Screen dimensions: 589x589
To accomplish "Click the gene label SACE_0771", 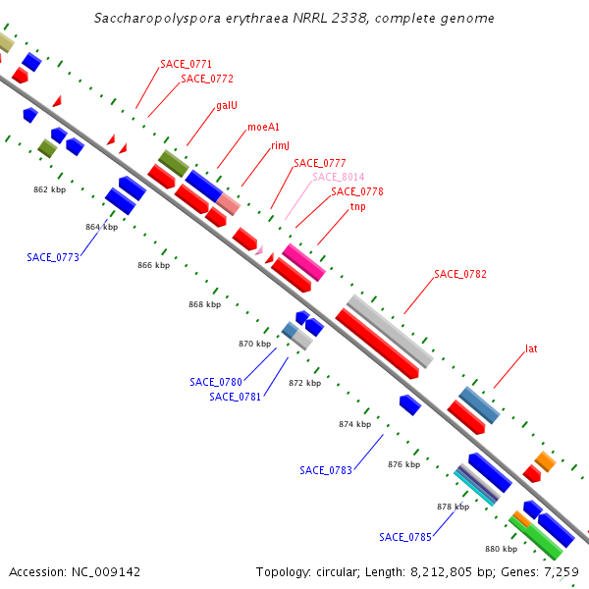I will pos(186,64).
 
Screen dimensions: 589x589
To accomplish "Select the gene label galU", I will pos(226,105).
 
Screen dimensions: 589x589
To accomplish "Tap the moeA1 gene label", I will pos(263,127).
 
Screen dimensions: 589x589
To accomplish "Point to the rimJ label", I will pos(280,145).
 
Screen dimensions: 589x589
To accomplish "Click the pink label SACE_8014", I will pos(338,177).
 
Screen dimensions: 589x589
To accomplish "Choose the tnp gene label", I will pos(357,206).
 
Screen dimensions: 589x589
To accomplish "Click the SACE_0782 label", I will pos(460,274).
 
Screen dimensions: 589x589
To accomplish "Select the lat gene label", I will pos(531,348).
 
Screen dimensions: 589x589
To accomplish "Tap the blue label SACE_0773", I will pos(53,257).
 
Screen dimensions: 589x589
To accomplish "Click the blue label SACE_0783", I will pos(326,470).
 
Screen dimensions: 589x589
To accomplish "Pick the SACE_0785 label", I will pos(405,537).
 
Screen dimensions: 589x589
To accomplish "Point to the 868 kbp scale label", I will pos(204,304).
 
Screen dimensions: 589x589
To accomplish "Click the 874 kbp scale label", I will pos(354,424).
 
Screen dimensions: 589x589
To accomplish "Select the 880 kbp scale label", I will pos(501,549).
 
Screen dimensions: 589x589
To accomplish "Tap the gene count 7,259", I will pos(560,571).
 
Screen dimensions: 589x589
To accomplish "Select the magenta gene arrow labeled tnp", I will pos(303,261).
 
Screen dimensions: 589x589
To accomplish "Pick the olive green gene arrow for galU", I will pos(174,163).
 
